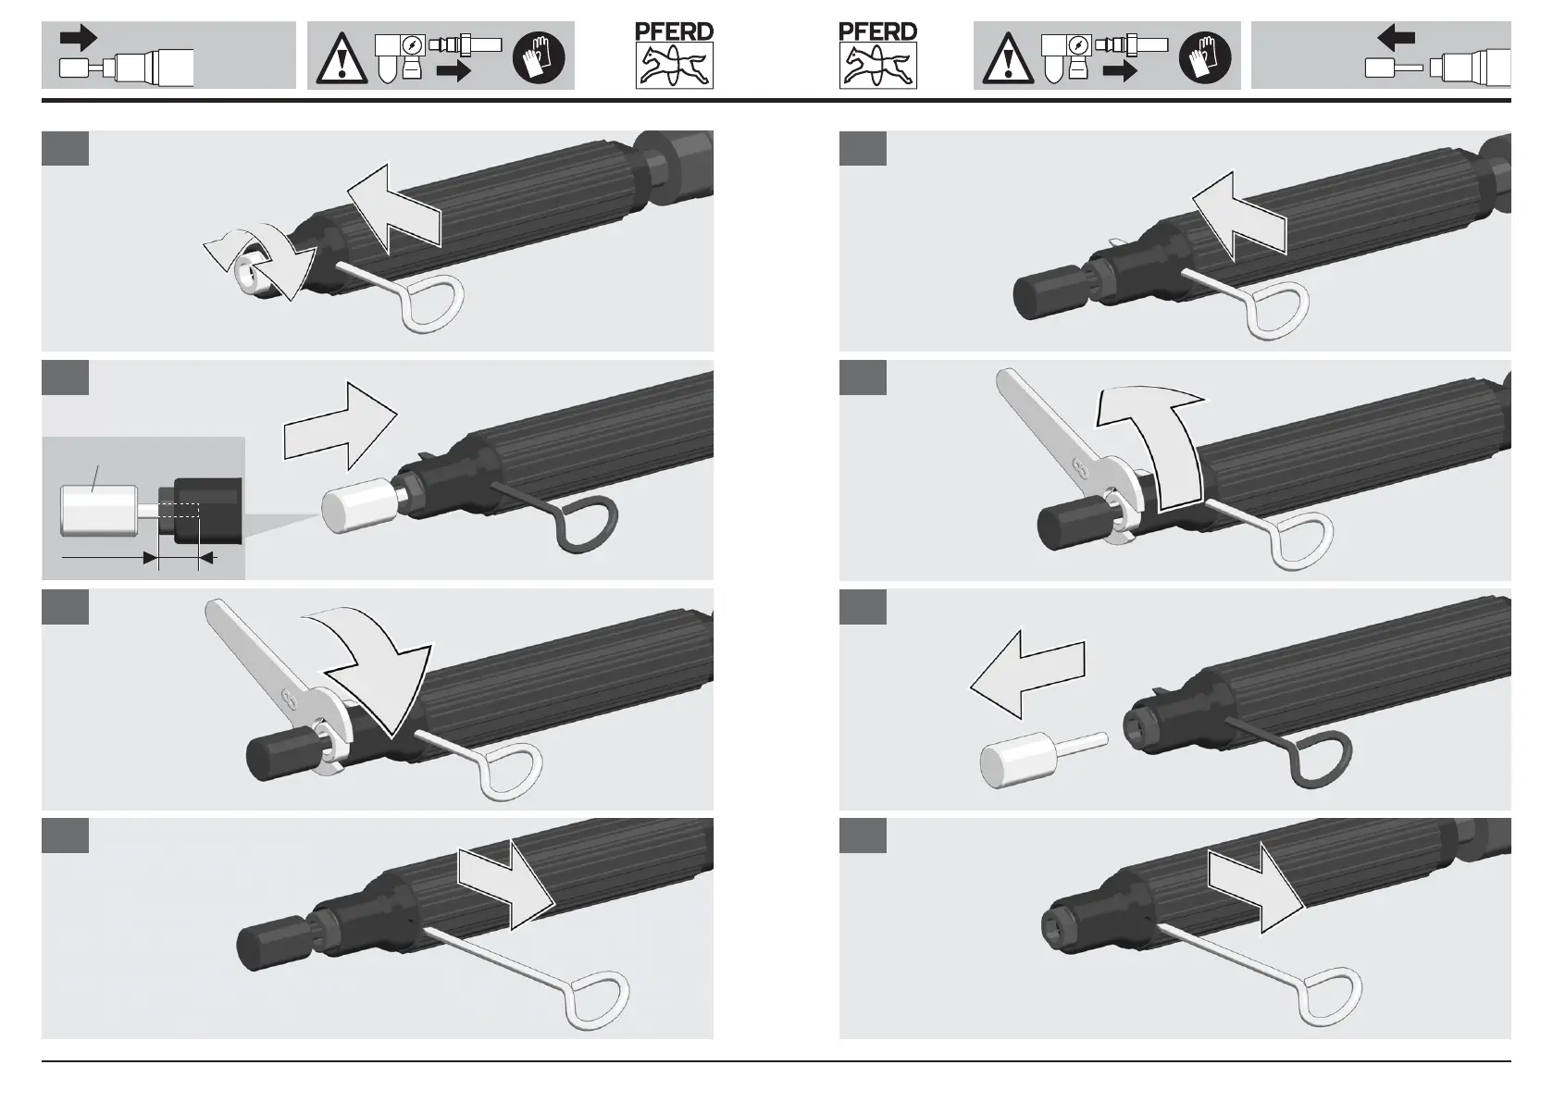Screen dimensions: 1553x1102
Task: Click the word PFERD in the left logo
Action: coord(674,31)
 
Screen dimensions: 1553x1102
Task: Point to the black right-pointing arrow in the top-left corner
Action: coord(79,38)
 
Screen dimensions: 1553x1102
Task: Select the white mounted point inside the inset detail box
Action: coord(97,511)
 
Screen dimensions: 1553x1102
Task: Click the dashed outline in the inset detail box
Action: coord(178,512)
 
